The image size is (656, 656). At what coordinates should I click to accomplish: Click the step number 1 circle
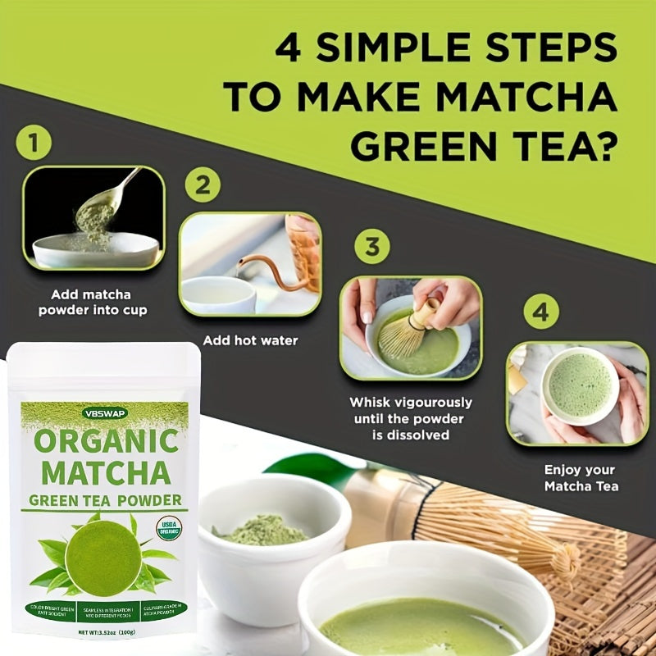pos(34,143)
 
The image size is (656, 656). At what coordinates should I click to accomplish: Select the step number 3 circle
pos(371,246)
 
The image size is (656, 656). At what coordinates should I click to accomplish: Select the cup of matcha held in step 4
pos(580,385)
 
